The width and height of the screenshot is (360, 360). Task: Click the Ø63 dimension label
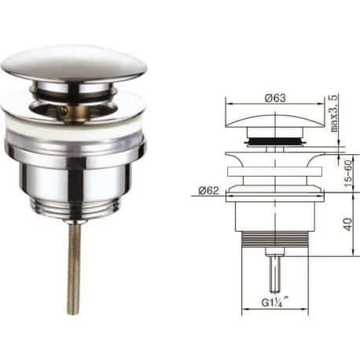[x=275, y=98]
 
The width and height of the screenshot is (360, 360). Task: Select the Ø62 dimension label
[x=208, y=190]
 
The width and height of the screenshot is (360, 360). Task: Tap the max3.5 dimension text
[x=333, y=113]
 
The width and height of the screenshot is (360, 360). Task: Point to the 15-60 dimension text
[x=348, y=173]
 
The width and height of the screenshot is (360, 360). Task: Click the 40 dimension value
[x=348, y=224]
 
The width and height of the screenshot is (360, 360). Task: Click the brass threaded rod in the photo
[x=75, y=269]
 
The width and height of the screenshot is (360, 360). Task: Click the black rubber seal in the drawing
[x=275, y=141]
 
